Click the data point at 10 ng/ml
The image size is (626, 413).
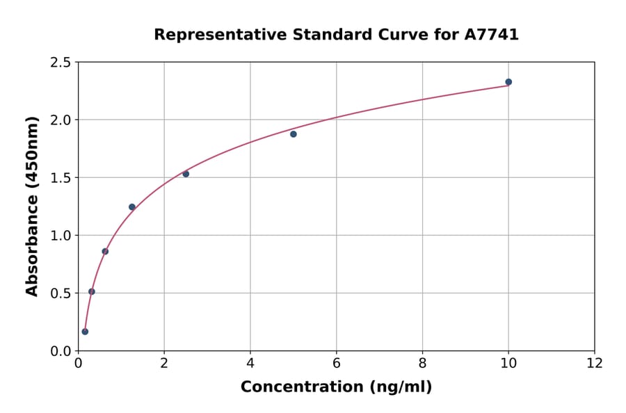click(508, 82)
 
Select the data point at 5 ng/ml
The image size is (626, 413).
click(294, 134)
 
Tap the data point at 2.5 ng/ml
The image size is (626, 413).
click(186, 174)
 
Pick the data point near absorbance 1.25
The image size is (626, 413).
click(132, 207)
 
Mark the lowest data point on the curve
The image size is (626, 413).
click(85, 332)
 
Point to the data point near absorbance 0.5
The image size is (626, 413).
click(92, 291)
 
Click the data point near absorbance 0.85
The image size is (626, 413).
click(105, 252)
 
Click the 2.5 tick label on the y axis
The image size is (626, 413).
click(61, 63)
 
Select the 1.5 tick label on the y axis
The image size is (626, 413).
click(61, 178)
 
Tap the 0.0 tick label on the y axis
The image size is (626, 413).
click(61, 351)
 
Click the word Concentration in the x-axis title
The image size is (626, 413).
click(302, 387)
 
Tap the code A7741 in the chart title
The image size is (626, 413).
click(492, 35)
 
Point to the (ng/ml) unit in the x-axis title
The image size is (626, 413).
click(400, 387)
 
